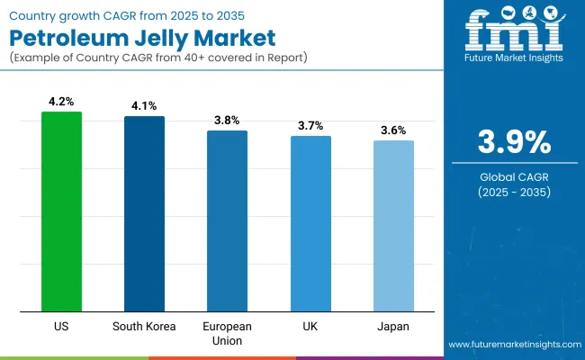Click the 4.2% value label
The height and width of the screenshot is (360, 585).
[x=61, y=103]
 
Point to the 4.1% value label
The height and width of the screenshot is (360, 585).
[x=144, y=107]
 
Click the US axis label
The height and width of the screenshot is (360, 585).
[x=61, y=326]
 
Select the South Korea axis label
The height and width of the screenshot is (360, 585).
[x=144, y=326]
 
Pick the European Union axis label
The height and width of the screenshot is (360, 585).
[x=227, y=332]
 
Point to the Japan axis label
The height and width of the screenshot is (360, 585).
[x=393, y=326]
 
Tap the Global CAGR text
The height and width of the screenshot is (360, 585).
[x=513, y=175]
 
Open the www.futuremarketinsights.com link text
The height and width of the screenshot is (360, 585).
[x=512, y=345]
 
